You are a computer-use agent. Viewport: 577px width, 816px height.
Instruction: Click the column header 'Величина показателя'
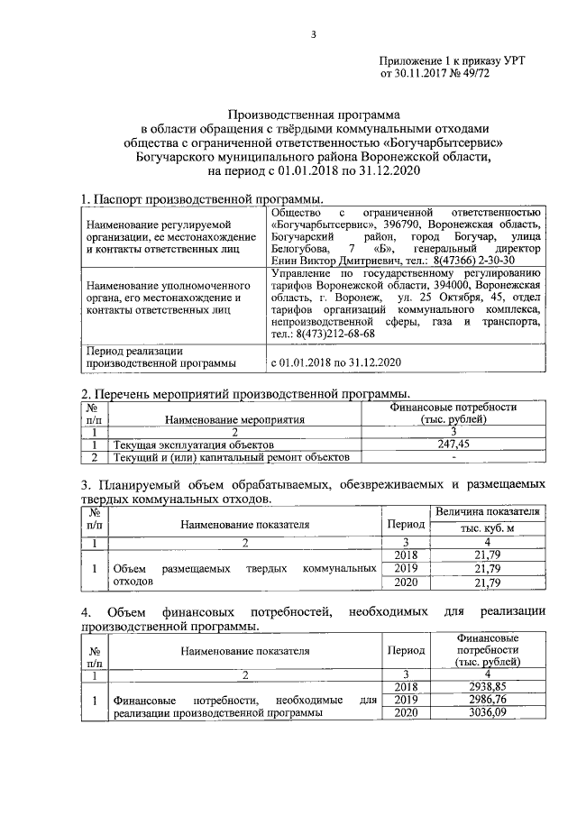pos(487,511)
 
